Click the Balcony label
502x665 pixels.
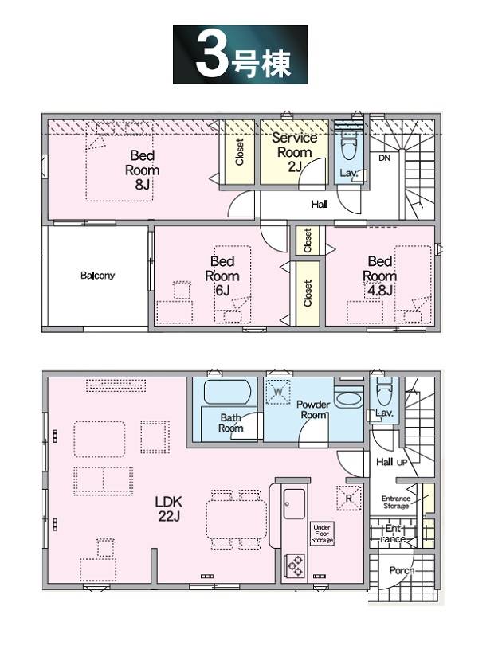coord(97,276)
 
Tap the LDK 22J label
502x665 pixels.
coord(169,509)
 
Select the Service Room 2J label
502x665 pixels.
coord(295,152)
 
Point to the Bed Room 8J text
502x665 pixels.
coord(142,170)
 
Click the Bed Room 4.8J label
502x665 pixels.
coord(380,276)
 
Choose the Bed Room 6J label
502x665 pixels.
coord(222,276)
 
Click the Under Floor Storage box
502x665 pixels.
coord(322,534)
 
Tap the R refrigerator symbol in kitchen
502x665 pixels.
coord(349,499)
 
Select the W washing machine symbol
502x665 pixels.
coord(278,392)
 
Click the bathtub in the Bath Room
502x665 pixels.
coord(227,392)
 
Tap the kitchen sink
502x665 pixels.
coord(294,504)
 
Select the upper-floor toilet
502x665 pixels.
coord(349,145)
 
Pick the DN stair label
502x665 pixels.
coord(384,158)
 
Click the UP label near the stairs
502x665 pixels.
coord(402,462)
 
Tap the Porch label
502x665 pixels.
coord(402,571)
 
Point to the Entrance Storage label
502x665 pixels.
coord(396,503)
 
